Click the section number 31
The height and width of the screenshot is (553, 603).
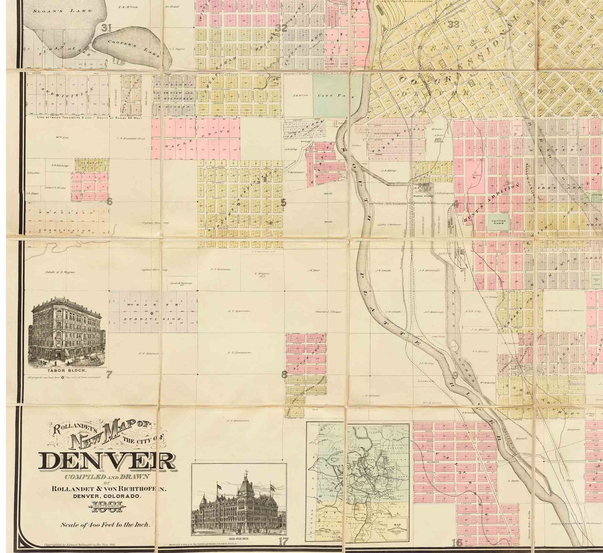click(106, 27)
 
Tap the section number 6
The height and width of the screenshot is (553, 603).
click(109, 202)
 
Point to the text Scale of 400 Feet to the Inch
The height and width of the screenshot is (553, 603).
click(106, 525)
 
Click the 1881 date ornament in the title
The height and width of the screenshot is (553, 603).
click(107, 506)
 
